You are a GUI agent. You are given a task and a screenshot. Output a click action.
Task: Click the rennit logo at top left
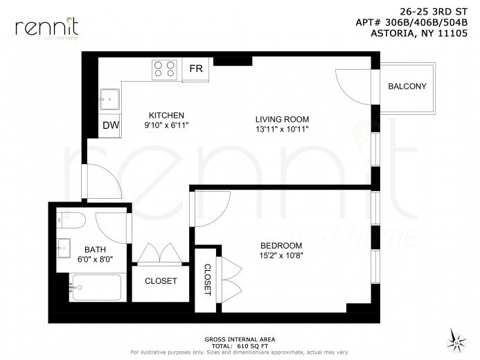(x=46, y=28)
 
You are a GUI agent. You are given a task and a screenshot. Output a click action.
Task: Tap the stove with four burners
(x=165, y=69)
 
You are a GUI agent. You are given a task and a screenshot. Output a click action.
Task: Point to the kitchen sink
(x=109, y=99)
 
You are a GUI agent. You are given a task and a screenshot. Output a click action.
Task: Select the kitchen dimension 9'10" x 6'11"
(x=166, y=125)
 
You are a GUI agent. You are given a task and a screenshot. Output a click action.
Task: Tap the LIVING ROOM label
(x=281, y=119)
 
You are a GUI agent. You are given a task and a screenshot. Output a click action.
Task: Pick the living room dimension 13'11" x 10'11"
(x=281, y=129)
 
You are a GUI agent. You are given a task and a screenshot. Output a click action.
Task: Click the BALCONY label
(x=407, y=87)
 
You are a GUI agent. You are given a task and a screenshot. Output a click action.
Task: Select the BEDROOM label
(x=281, y=246)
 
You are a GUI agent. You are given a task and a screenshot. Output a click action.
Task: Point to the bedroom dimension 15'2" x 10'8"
(x=281, y=255)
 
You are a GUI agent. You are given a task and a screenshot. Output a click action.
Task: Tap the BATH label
(x=96, y=249)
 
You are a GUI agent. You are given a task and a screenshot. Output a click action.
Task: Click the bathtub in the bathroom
(x=96, y=287)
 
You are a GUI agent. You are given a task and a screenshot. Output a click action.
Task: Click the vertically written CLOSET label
(x=207, y=280)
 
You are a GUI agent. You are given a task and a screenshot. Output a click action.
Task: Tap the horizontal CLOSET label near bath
(x=161, y=281)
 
